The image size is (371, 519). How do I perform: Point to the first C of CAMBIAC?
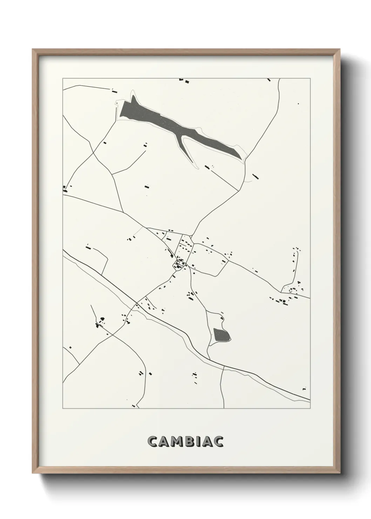click(x=153, y=442)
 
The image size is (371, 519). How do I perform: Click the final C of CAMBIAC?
click(x=219, y=442)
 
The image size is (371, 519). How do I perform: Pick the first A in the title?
click(x=165, y=442)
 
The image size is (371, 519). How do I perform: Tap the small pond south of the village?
click(x=222, y=335)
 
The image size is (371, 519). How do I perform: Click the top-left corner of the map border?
click(x=63, y=78)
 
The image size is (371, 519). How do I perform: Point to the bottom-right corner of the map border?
click(x=310, y=409)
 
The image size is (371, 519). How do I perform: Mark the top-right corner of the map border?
click(x=310, y=78)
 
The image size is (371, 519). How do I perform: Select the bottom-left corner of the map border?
click(x=63, y=409)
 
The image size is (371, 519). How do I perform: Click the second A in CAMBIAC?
click(x=209, y=442)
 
